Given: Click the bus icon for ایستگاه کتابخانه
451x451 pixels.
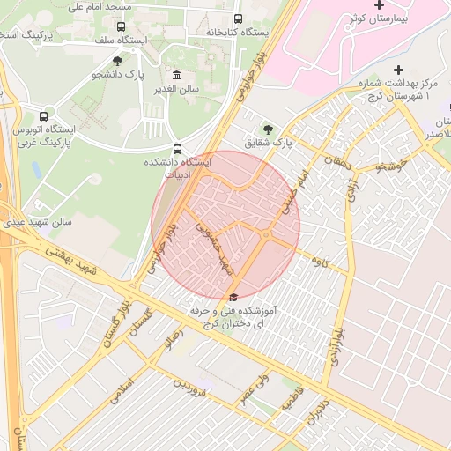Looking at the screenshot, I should (x=238, y=18).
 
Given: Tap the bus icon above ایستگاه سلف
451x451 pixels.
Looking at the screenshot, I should (x=121, y=26).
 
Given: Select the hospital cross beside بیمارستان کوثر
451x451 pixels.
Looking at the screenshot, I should (x=380, y=7).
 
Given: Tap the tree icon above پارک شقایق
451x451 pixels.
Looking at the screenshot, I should (x=268, y=129).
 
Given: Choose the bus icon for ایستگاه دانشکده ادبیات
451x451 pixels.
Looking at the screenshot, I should (x=178, y=149).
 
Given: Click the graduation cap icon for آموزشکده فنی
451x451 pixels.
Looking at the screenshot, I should (x=233, y=297).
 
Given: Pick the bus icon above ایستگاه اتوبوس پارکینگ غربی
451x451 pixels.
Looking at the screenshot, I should (x=44, y=115).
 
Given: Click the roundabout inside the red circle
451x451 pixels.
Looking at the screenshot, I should (x=265, y=234).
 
